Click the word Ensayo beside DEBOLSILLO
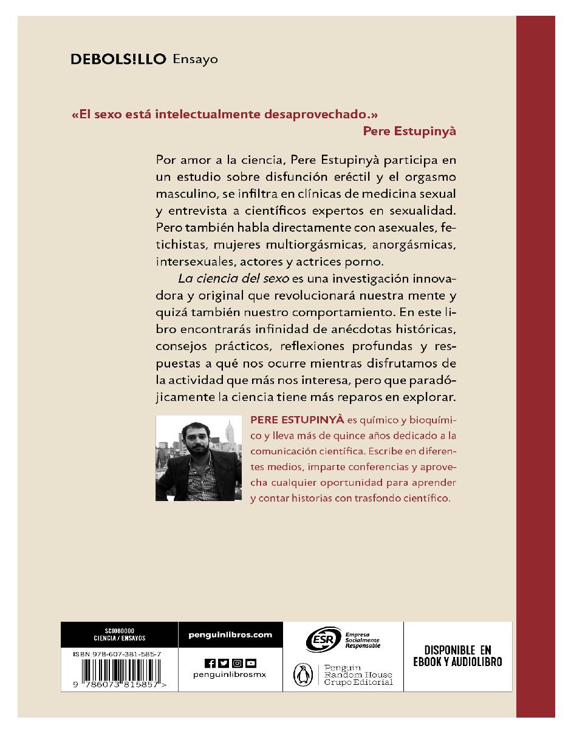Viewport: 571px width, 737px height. (x=195, y=59)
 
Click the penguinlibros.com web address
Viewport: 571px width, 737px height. (x=230, y=635)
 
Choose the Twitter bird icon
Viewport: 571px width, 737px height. (x=224, y=663)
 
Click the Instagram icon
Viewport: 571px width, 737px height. (x=237, y=663)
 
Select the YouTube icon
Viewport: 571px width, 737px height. (x=250, y=663)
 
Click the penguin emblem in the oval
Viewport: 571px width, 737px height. (x=299, y=674)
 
